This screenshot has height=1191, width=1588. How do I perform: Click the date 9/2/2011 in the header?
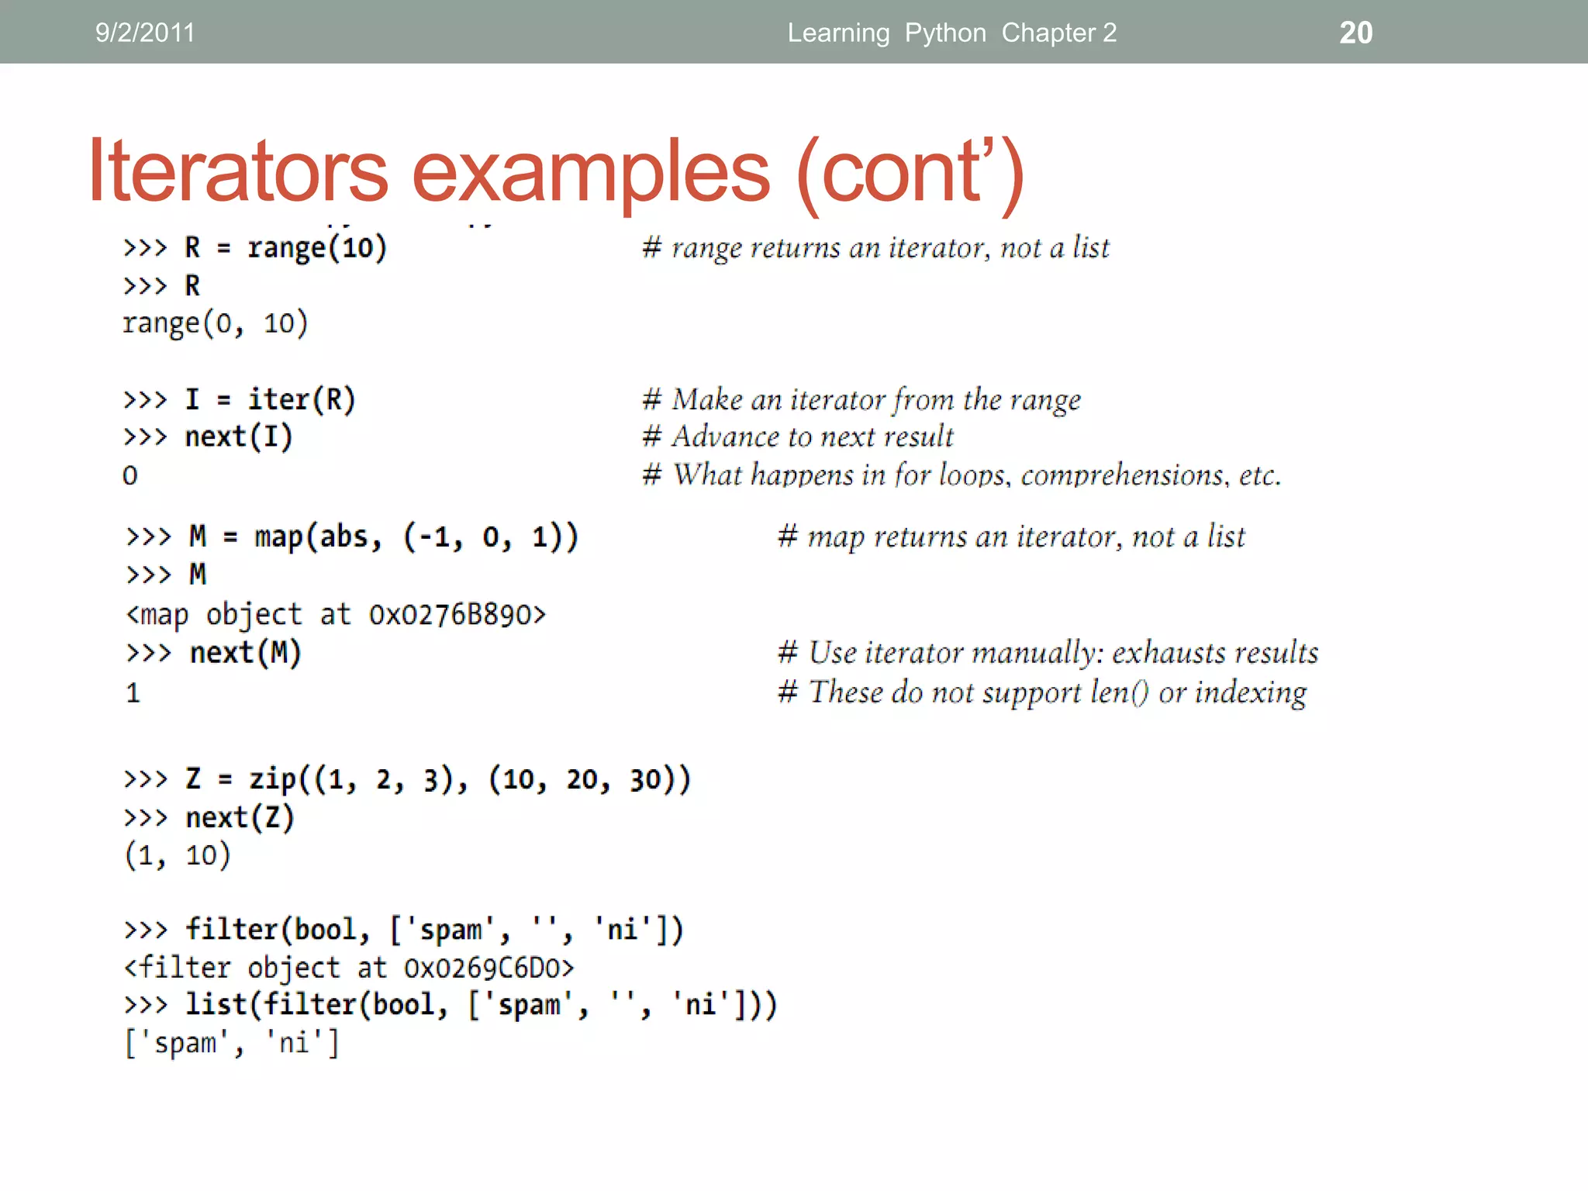[145, 33]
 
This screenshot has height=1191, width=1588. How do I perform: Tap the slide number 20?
[1355, 33]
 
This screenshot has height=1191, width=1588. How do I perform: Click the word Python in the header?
[945, 33]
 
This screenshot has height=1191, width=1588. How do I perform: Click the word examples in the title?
[591, 172]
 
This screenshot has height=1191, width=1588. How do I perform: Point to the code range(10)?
[316, 248]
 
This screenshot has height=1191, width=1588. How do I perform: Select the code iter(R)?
[301, 399]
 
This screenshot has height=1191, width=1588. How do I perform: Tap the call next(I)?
[238, 437]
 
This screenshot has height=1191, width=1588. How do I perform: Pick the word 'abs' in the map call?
[343, 537]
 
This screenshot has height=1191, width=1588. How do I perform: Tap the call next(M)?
[245, 653]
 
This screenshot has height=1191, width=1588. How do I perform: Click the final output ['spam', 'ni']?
[232, 1043]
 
